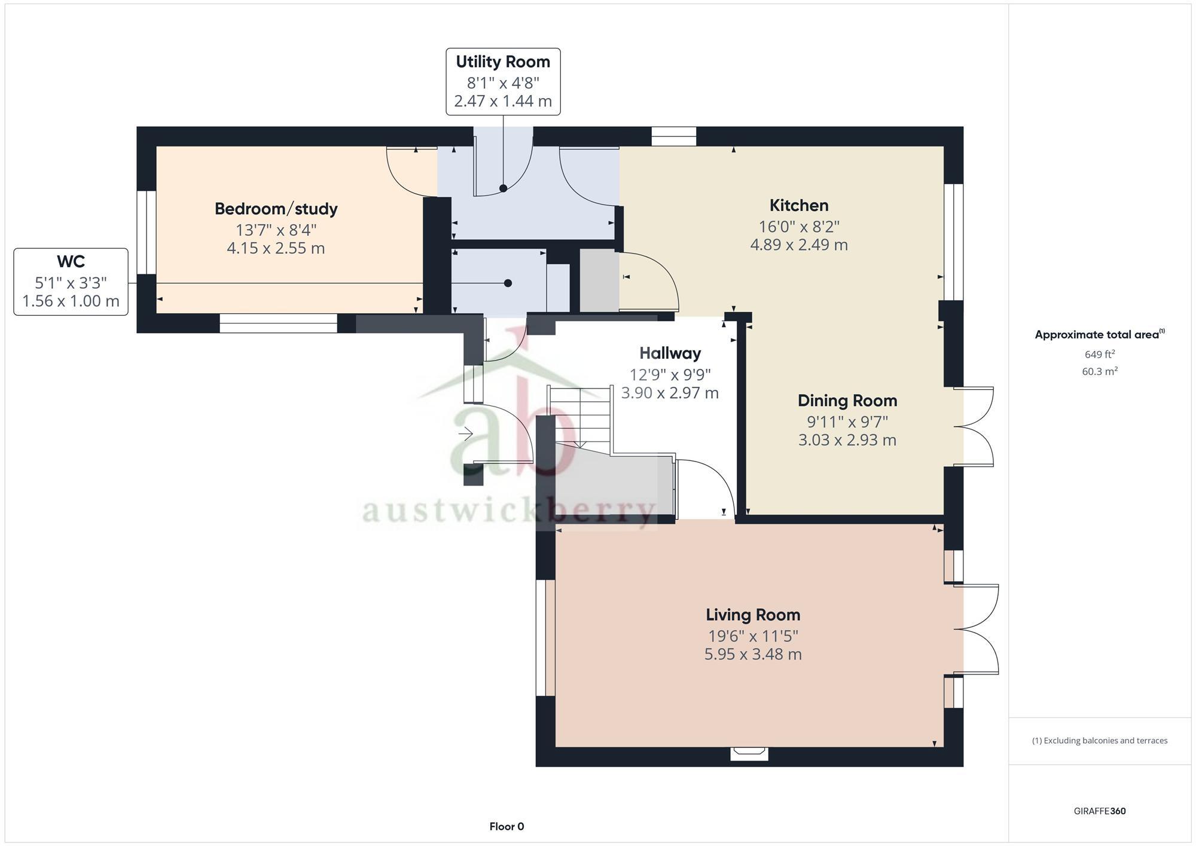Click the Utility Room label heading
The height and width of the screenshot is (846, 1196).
[503, 62]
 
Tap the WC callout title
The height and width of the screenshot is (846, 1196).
[71, 261]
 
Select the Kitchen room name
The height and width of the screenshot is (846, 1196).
[799, 205]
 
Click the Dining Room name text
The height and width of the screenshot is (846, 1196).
[847, 400]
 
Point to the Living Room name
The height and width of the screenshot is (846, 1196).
[753, 615]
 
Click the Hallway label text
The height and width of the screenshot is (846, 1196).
[670, 353]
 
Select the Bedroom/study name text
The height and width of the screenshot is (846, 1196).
[276, 209]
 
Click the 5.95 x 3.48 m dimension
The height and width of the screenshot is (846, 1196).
[753, 654]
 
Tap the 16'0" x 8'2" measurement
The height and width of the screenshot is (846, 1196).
[799, 227]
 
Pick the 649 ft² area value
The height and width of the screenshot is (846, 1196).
[1100, 354]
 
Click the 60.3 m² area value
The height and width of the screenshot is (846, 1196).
[1100, 371]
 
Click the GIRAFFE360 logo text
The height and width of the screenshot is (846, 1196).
[1100, 811]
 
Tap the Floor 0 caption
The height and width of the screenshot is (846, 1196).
[507, 827]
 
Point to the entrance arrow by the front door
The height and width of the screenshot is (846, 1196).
[465, 433]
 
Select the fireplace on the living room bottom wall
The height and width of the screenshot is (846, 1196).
[749, 753]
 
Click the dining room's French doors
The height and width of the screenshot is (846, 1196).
[974, 426]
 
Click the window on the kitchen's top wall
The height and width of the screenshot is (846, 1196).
[674, 136]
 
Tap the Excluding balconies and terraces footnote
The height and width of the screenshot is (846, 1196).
[1100, 741]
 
